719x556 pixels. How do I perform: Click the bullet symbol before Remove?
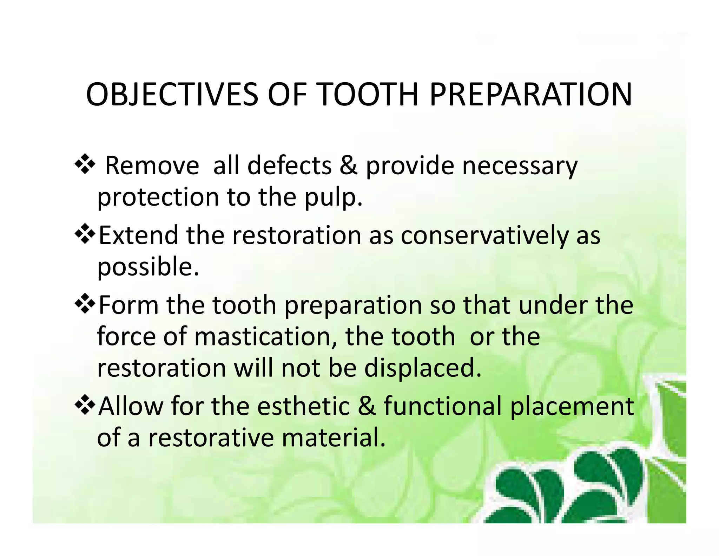[x=85, y=164]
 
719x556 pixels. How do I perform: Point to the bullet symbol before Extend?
[x=85, y=234]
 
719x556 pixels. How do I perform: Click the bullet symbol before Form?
[x=85, y=304]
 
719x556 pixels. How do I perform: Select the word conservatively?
[x=484, y=235]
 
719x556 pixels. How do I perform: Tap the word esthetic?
[x=303, y=406]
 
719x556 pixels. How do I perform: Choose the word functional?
[x=442, y=406]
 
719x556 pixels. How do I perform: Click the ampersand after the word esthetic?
[x=367, y=406]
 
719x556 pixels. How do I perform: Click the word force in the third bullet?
[x=126, y=336]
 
